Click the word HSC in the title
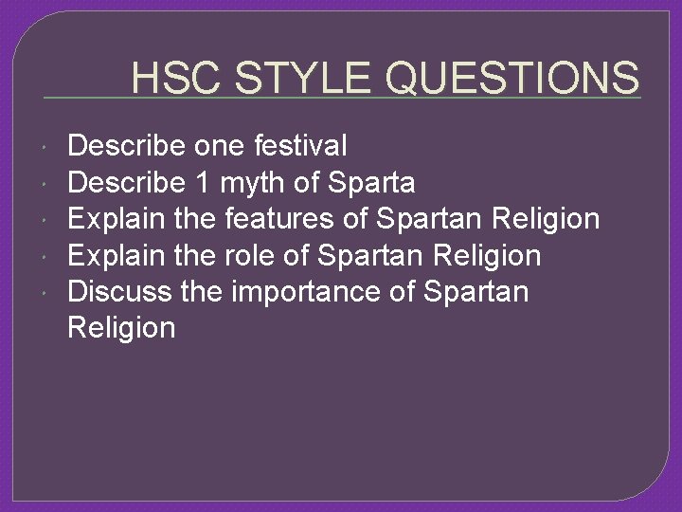[x=177, y=78]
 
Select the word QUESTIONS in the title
[x=513, y=78]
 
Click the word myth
[x=252, y=183]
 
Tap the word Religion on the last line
[x=122, y=329]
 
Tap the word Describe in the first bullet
[x=127, y=146]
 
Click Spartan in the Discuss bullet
[x=476, y=292]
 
